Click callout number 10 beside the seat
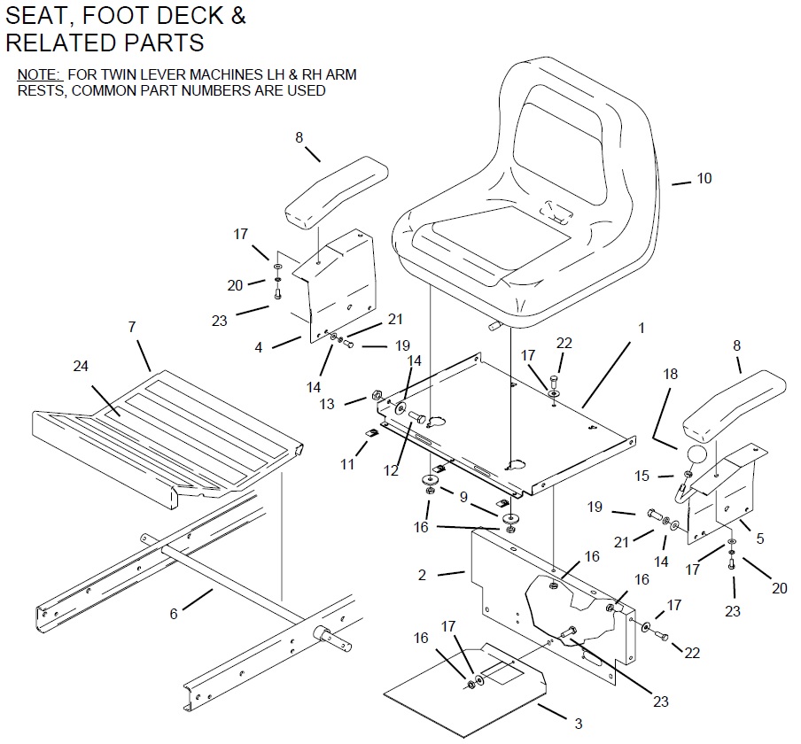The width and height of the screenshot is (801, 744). pos(704,178)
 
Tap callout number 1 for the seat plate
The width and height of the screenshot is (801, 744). pos(642,328)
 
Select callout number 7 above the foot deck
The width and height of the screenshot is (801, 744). pos(132,328)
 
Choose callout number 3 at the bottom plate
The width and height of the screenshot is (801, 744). pos(578,724)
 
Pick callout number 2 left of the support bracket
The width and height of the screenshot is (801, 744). pos(422,575)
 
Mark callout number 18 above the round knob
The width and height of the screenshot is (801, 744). pos(670,374)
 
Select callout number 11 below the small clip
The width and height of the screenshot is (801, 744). pos(347,463)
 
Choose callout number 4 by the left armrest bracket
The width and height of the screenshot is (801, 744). pos(259,348)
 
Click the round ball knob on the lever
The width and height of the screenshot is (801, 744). pos(697,455)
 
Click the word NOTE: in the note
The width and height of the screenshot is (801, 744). pos(40,74)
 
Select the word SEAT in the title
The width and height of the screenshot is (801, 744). pos(38,16)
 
